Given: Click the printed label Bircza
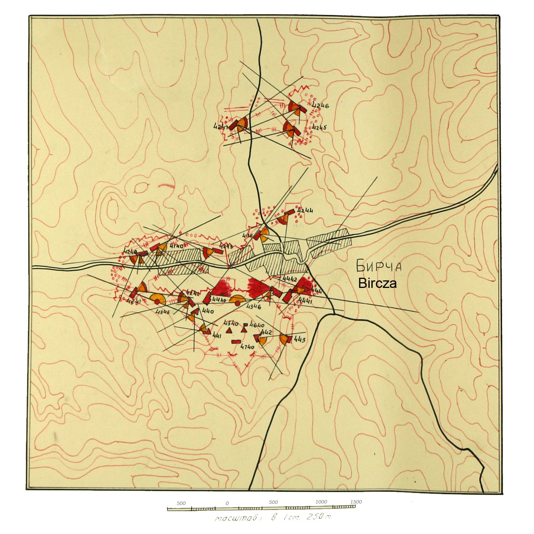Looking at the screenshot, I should point(377,283).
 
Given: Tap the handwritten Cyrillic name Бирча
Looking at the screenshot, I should point(379,266).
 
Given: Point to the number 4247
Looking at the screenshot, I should point(220,127).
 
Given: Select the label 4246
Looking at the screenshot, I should point(320,106).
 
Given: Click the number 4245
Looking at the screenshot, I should point(319,127).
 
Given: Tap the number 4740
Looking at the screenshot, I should point(247,347).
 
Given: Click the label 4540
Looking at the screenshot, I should point(231,323).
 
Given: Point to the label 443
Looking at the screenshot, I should point(300,340).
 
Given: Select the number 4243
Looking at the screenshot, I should point(226,246).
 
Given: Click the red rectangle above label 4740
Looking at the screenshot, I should point(236,341).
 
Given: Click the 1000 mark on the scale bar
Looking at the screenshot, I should point(321,502).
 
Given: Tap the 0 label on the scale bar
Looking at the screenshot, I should point(227,503).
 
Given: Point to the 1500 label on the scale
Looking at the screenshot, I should point(356,502).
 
